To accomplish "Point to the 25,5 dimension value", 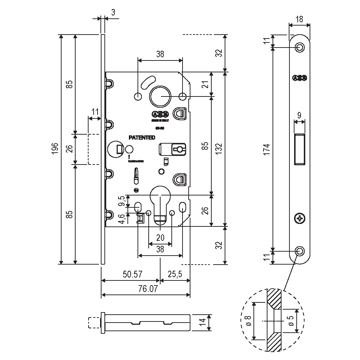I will tap(175, 274).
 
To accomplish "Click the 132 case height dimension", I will tap(220, 148).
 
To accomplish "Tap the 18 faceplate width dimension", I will tap(299, 19).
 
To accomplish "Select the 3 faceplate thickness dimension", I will tap(113, 13).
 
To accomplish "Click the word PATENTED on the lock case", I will tap(142, 138).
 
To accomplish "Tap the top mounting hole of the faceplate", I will tap(300, 47).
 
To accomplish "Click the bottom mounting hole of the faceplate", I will tap(300, 251).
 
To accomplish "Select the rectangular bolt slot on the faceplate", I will tap(300, 149).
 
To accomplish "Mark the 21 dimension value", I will tap(205, 85).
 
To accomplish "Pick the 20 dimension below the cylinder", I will tap(160, 238).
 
